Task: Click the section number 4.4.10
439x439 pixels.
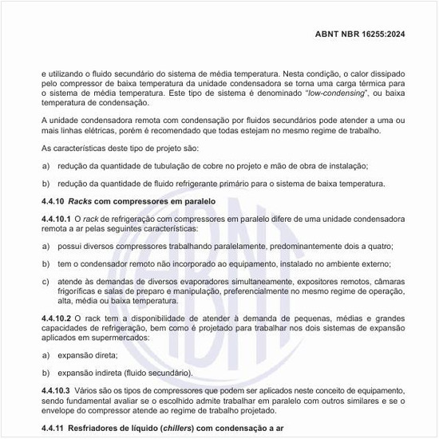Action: [53, 201]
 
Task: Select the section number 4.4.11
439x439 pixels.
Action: [53, 429]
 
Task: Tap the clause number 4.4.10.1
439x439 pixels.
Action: [56, 218]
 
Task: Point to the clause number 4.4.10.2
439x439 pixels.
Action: [56, 318]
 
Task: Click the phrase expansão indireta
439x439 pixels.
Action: [89, 372]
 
